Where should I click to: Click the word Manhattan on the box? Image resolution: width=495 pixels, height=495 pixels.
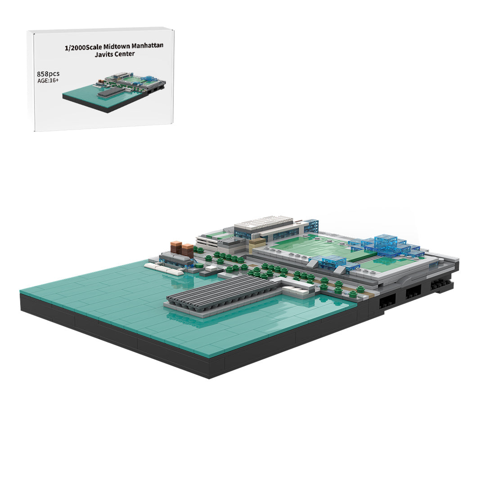pyautogui.click(x=148, y=46)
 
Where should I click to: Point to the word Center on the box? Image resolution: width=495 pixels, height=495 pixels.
pyautogui.click(x=125, y=54)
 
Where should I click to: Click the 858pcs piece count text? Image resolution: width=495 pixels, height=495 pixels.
pyautogui.click(x=48, y=74)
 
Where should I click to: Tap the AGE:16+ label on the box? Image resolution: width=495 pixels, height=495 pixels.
pyautogui.click(x=48, y=81)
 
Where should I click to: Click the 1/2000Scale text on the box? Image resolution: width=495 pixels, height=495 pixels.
pyautogui.click(x=83, y=48)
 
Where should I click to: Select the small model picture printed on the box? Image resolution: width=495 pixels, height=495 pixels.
pyautogui.click(x=114, y=92)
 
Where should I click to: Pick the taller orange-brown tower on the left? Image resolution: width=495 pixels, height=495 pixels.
pyautogui.click(x=176, y=247)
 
